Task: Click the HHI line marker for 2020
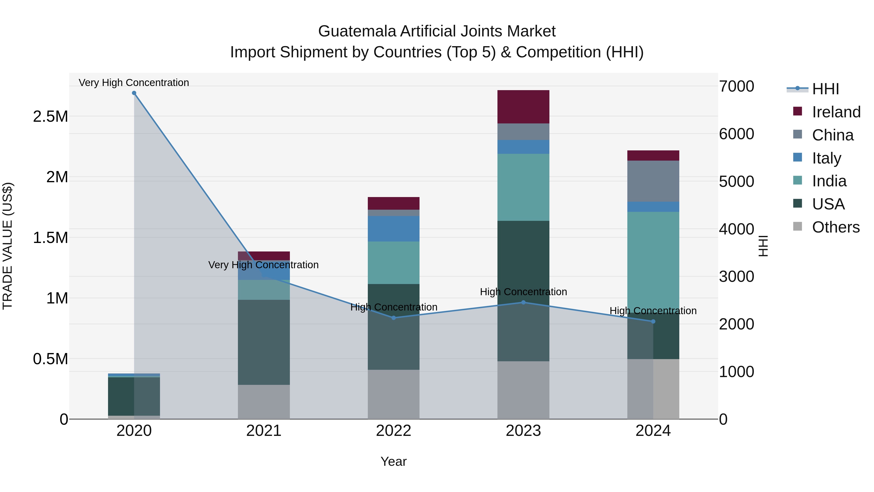coord(134,93)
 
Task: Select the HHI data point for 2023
coord(523,302)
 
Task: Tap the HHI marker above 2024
coord(653,321)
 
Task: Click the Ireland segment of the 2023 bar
coord(523,107)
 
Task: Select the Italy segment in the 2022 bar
coord(394,229)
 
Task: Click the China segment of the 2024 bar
coord(653,181)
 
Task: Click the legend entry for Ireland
coord(836,112)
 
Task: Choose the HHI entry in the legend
coord(825,89)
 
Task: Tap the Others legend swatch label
coord(836,227)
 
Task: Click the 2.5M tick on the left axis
coord(50,116)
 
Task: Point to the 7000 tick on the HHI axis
coord(736,86)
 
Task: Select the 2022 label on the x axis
coord(394,431)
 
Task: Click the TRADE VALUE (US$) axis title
coord(8,246)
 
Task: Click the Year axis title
coord(394,461)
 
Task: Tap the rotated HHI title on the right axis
coord(763,246)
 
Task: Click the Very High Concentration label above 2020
coord(134,83)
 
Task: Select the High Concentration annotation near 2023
coord(523,292)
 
